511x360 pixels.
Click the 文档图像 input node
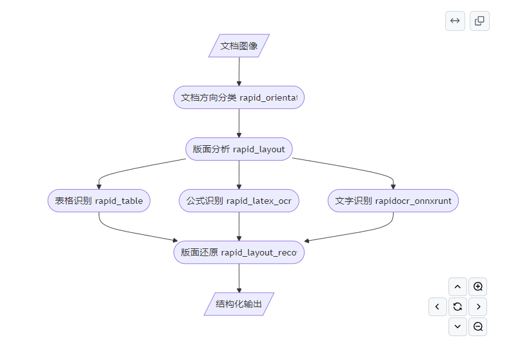pos(239,46)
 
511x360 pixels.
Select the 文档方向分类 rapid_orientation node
pos(239,97)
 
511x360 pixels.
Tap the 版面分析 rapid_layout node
pos(239,149)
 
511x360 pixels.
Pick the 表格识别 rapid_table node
pos(99,201)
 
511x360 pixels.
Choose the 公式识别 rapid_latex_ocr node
pos(239,201)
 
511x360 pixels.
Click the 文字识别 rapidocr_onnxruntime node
pos(393,201)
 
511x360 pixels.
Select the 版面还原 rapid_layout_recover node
pos(239,252)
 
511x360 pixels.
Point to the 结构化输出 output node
pos(239,304)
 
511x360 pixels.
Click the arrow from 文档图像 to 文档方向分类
pos(239,72)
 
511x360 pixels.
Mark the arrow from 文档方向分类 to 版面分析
pos(239,123)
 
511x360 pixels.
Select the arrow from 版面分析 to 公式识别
pos(239,175)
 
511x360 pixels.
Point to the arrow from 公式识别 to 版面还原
pos(239,226)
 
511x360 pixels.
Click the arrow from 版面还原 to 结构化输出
pos(239,278)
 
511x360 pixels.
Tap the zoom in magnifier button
pos(477,286)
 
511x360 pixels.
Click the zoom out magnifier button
pos(477,326)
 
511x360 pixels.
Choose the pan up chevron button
pos(457,286)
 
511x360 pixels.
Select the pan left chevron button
pos(437,306)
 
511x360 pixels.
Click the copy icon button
pos(479,21)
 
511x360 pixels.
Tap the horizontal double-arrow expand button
pos(455,21)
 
